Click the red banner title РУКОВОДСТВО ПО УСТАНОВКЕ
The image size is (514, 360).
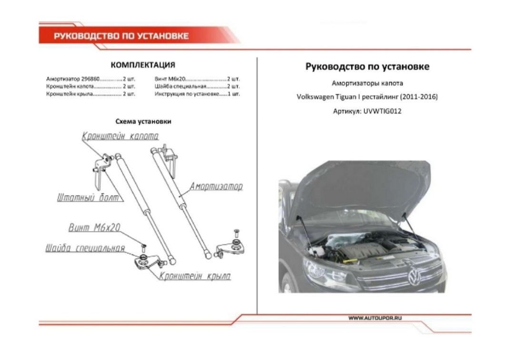(x=121, y=36)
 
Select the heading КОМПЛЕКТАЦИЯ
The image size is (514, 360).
(x=143, y=65)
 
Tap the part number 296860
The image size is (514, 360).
(x=90, y=78)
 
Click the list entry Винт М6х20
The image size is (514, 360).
(x=169, y=78)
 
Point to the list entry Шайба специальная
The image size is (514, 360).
(x=180, y=86)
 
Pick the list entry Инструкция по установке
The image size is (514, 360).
(x=186, y=94)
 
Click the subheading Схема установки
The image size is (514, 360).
(x=143, y=121)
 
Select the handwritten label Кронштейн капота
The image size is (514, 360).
(x=120, y=137)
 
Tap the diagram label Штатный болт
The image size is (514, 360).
(x=88, y=198)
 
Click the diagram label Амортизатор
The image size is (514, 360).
(x=216, y=186)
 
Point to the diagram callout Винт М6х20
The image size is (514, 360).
(x=94, y=228)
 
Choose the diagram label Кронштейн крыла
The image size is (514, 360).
(x=195, y=276)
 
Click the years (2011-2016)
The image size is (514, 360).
(x=418, y=97)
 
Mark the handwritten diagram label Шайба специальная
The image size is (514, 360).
(x=85, y=249)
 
